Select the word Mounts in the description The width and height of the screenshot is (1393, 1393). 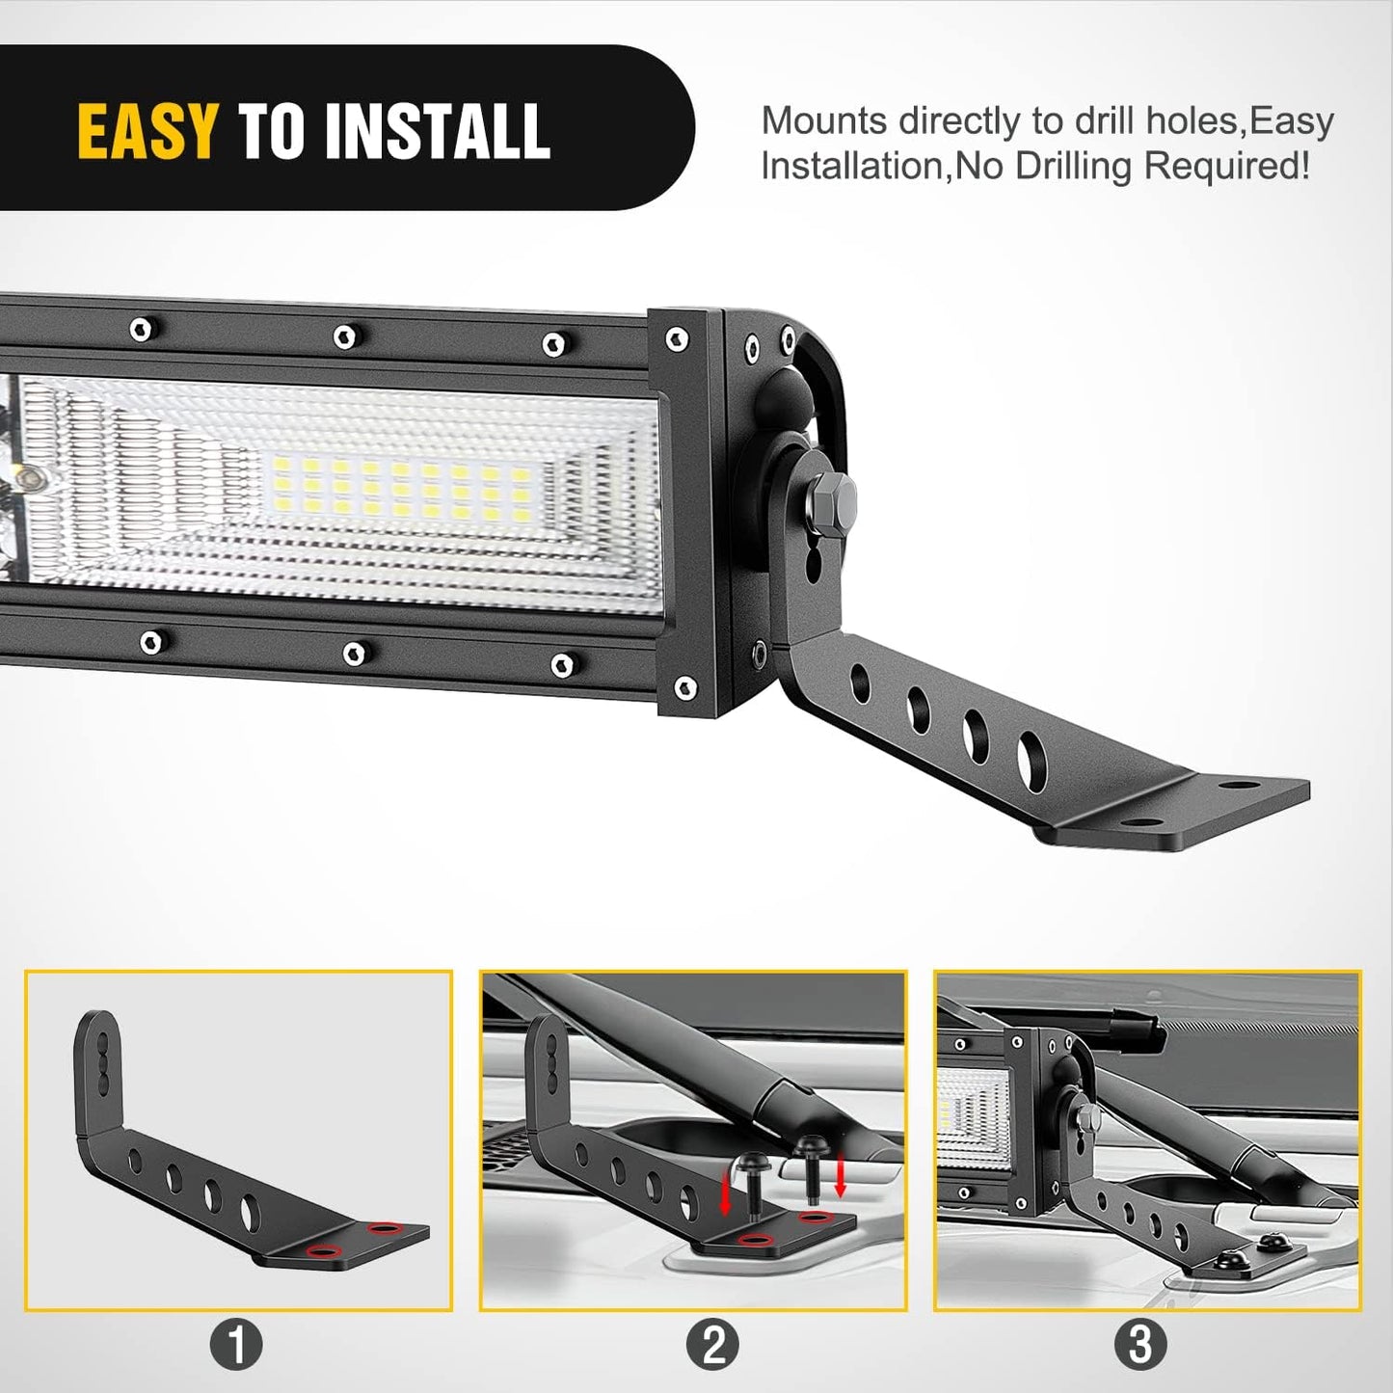[x=824, y=121]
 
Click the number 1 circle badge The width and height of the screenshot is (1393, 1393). [x=236, y=1344]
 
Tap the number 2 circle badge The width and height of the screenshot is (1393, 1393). [x=712, y=1344]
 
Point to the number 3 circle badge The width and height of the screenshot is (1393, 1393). [x=1140, y=1344]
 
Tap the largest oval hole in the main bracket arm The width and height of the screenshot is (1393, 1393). [x=1031, y=752]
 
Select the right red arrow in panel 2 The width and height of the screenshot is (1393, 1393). [x=841, y=1175]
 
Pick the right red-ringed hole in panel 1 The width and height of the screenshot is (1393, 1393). [x=384, y=1228]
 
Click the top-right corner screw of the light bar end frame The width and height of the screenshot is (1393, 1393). [x=677, y=338]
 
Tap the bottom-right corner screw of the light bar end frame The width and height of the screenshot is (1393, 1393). [x=684, y=687]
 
